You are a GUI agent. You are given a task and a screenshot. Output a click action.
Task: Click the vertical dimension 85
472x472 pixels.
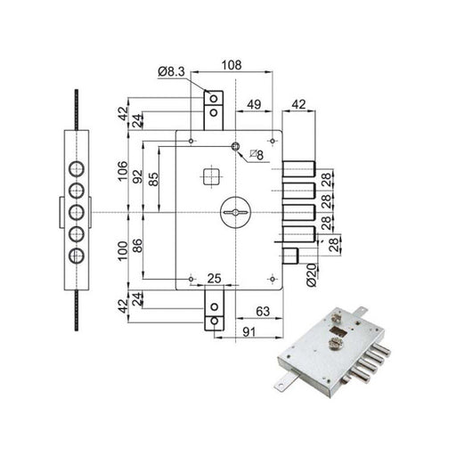click(154, 182)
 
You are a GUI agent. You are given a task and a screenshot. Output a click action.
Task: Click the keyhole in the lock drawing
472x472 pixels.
click(233, 213)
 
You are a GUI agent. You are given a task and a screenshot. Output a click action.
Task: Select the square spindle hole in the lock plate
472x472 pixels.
click(212, 175)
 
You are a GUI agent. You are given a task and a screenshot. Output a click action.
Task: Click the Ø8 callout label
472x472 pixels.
click(256, 154)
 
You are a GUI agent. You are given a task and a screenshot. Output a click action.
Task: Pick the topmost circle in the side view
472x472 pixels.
click(77, 169)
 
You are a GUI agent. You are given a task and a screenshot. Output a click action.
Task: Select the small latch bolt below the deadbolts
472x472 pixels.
click(290, 258)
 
